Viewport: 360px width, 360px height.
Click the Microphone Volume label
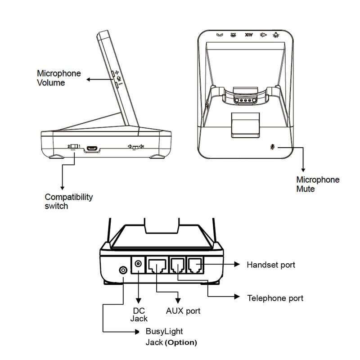click(58, 78)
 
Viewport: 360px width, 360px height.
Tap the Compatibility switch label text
click(68, 202)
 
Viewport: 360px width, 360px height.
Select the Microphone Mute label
click(317, 184)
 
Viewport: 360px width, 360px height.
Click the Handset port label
click(270, 265)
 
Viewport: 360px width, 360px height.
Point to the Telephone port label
click(275, 298)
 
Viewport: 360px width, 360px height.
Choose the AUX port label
click(183, 311)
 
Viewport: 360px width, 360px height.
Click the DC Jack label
click(139, 315)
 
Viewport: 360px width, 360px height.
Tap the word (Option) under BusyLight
click(181, 342)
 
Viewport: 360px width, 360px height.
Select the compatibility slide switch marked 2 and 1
click(75, 147)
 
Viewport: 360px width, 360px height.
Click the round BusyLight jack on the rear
click(122, 270)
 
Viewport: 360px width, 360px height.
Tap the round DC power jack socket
click(138, 265)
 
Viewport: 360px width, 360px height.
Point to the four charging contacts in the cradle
click(244, 101)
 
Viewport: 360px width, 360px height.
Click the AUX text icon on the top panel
click(248, 34)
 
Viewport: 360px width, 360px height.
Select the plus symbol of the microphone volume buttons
click(117, 72)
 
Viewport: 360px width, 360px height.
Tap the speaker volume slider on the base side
click(135, 147)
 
